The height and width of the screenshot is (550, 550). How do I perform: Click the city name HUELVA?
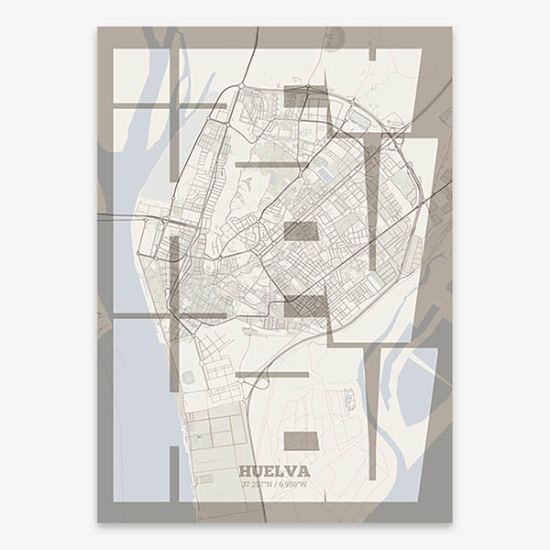(274, 471)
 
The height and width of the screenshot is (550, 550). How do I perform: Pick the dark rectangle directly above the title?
(301, 441)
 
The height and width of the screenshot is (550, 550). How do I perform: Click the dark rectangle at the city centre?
(301, 231)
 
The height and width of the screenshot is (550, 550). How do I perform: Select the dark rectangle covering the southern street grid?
(304, 306)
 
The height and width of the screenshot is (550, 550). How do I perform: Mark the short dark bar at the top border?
(372, 54)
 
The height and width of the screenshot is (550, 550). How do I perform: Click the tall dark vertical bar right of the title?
(372, 412)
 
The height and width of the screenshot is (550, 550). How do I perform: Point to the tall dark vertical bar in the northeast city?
(372, 202)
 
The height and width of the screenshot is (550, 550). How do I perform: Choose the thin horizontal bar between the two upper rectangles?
(271, 165)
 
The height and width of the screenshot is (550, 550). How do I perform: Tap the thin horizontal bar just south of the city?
(271, 374)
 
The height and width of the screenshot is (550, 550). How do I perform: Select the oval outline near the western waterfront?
(189, 377)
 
